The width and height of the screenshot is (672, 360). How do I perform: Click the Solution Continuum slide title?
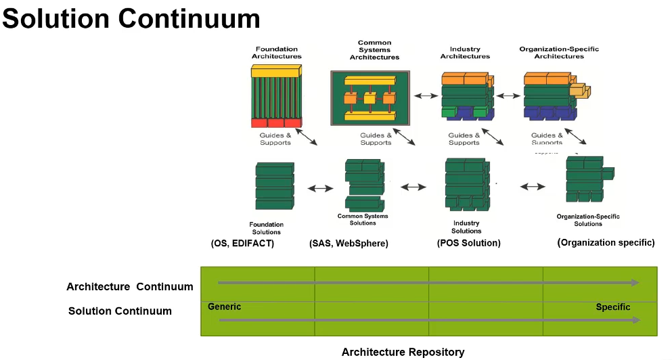131,18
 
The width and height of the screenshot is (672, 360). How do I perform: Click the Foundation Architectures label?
277,53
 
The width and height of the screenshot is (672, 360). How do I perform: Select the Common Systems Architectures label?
374,50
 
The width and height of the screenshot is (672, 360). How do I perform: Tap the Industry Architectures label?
465,53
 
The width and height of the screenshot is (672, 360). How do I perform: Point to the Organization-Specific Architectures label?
559,53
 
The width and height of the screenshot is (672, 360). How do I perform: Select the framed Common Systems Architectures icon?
369,97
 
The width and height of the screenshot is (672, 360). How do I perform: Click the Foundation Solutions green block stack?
274,186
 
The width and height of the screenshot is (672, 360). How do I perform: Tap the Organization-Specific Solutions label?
588,220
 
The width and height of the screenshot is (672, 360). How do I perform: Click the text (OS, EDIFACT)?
242,243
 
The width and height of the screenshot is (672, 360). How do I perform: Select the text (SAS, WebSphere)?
349,243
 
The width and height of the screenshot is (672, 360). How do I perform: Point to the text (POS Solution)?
469,243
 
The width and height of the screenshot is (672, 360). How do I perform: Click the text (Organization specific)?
606,242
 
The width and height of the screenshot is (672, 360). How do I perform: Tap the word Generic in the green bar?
224,307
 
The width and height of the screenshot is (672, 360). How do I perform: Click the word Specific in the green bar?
612,307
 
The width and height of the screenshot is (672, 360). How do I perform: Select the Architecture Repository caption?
403,352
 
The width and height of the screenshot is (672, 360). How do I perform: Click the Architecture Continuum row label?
129,287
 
